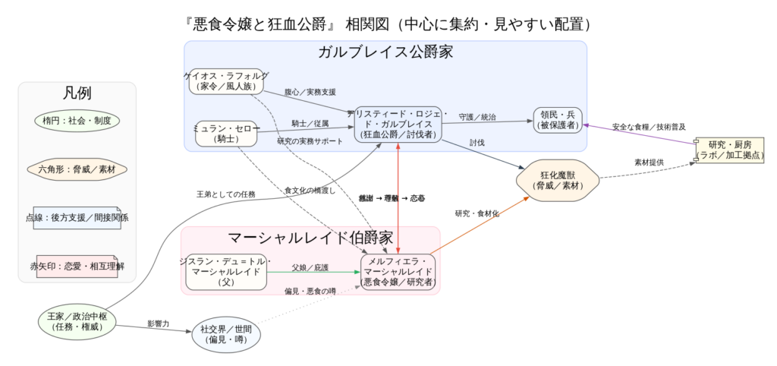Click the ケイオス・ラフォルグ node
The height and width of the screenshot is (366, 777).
click(226, 81)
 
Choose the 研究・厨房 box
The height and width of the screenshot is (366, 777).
click(729, 150)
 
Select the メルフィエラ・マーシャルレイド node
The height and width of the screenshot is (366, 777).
click(398, 272)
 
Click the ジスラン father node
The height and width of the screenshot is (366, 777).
click(226, 272)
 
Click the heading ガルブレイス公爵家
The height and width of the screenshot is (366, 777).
click(385, 52)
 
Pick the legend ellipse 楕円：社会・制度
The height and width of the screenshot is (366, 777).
click(77, 120)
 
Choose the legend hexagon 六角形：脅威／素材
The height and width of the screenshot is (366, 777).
click(77, 169)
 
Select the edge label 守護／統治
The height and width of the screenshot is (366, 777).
click(477, 117)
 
